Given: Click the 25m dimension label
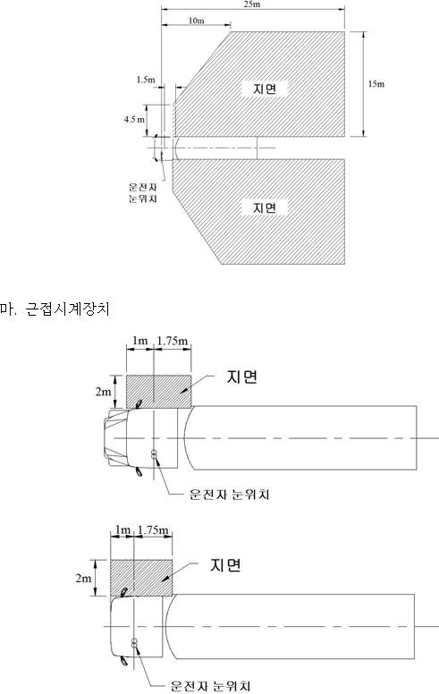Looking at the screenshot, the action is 251,4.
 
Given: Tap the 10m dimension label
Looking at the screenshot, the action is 197,21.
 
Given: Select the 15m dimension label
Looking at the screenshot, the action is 376,84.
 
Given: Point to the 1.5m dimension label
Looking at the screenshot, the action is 146,80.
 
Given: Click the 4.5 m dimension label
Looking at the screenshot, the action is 134,120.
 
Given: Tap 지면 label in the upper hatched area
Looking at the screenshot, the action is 265,89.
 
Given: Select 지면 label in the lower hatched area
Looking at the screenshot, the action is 265,207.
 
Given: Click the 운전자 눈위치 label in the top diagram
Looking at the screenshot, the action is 143,193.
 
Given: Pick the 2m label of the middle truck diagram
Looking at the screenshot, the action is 103,391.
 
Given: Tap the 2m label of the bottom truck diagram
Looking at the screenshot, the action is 84,578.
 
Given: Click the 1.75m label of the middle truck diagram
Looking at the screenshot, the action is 173,341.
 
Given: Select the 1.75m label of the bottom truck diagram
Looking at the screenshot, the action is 153,529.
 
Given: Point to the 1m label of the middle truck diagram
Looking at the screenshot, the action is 139,341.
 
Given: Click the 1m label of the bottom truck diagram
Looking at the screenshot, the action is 122,529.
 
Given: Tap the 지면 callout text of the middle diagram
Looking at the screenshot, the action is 242,377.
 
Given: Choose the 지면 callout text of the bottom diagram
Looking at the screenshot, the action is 225,565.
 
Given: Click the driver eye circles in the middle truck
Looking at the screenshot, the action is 155,454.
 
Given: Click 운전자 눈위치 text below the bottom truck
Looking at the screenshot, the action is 210,686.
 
